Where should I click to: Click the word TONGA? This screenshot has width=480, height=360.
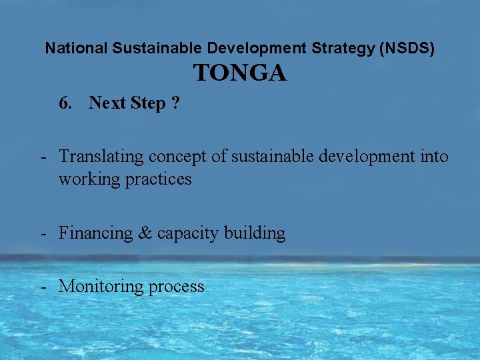coord(240,73)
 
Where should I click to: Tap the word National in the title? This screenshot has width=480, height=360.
coord(75,49)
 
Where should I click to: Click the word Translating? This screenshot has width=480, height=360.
coord(101,157)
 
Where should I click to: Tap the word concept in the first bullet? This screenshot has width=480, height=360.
coord(176,157)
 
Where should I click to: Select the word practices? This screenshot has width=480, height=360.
coord(159,179)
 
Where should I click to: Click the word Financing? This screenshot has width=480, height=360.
coord(95,233)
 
